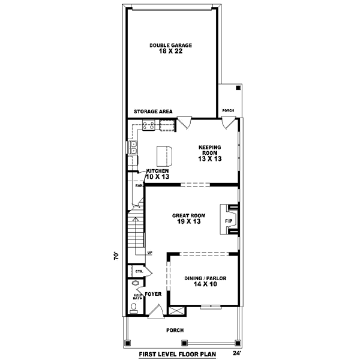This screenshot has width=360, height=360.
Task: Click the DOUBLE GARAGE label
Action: [x=171, y=48]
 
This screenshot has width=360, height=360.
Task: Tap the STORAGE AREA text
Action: [x=154, y=112]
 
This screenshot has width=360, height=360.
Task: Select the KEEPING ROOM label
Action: [x=211, y=152]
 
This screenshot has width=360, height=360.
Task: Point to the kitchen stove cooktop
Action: [x=148, y=126]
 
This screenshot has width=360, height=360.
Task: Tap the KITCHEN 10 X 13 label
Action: [x=158, y=173]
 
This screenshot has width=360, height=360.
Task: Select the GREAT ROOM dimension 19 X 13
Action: [x=188, y=221]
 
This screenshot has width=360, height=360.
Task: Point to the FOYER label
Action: [x=154, y=294]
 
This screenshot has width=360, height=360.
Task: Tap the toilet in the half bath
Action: [x=133, y=309]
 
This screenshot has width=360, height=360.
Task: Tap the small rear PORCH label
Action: [x=228, y=110]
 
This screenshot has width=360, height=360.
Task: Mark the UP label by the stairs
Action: [x=149, y=253]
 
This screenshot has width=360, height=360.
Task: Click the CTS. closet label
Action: [x=139, y=271]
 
